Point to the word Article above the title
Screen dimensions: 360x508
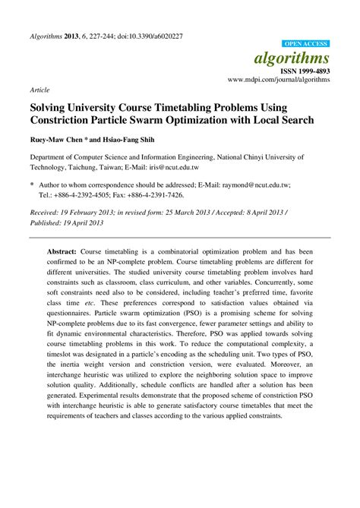click(39, 89)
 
